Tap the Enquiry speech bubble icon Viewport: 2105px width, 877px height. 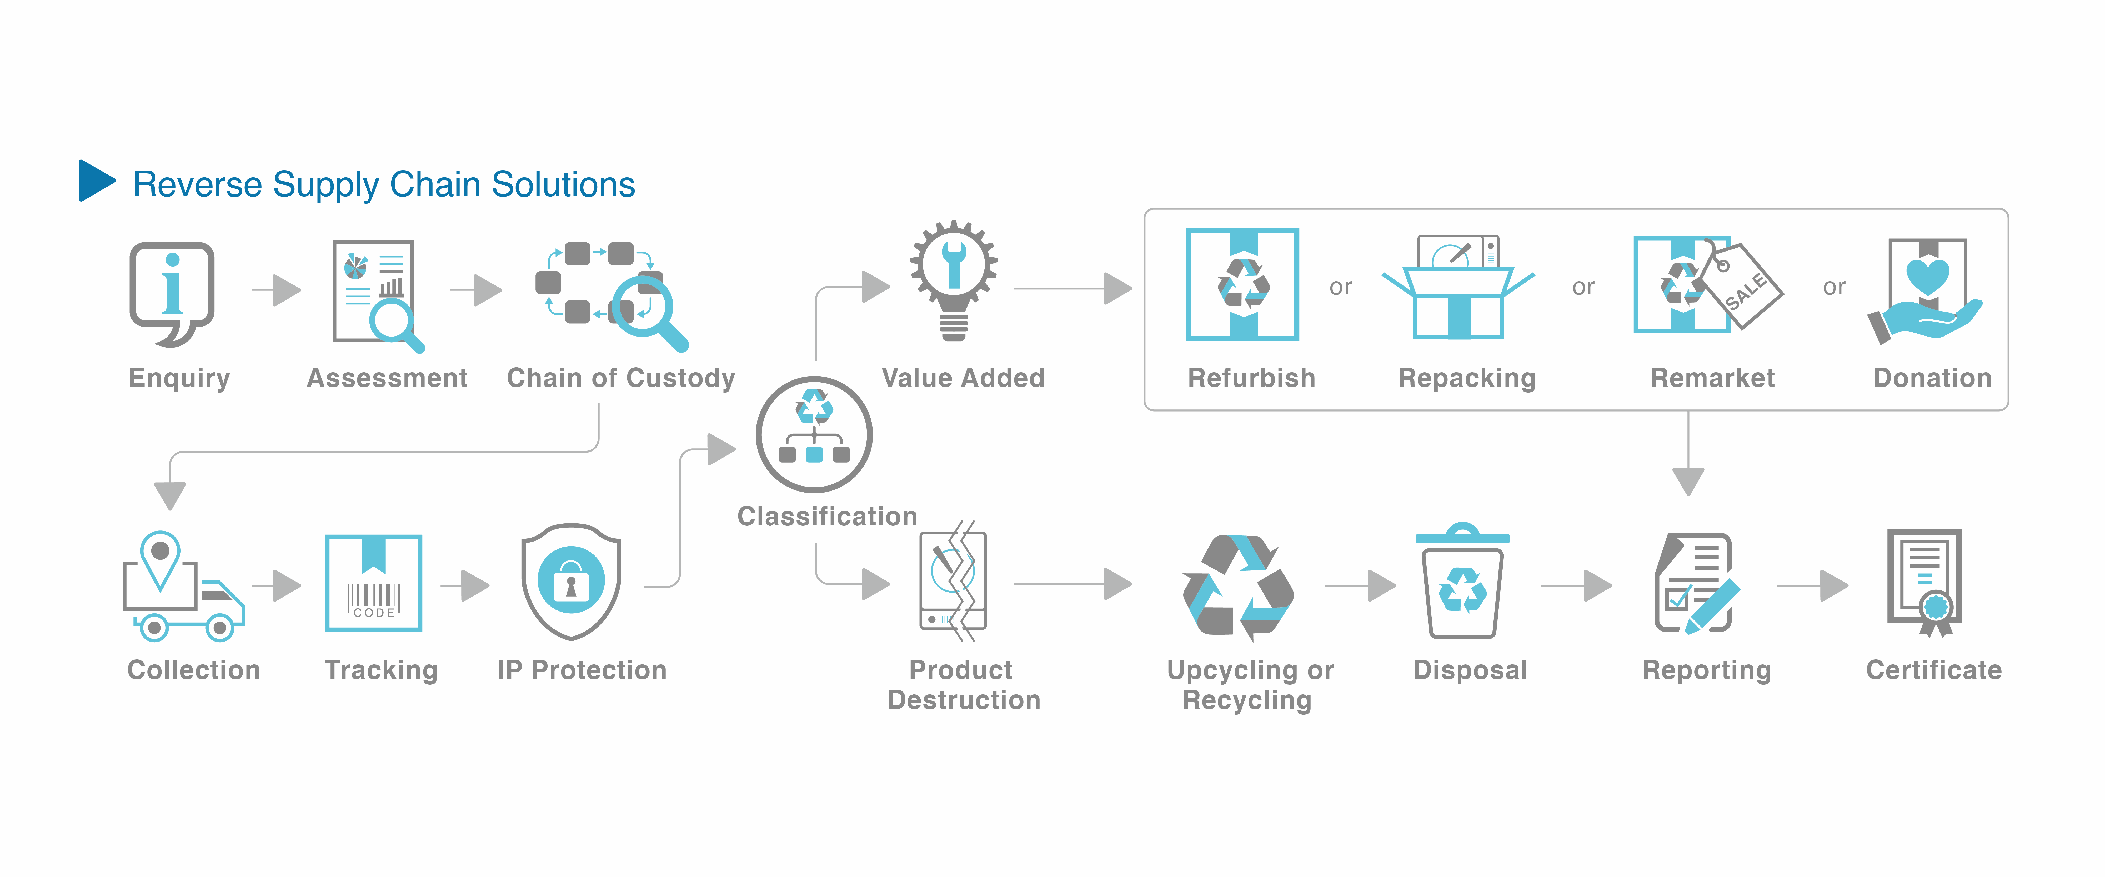pyautogui.click(x=172, y=292)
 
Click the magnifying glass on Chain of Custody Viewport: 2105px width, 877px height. pyautogui.click(x=645, y=309)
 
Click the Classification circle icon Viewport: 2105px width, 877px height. pyautogui.click(x=814, y=434)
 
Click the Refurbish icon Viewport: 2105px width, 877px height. pyautogui.click(x=1242, y=284)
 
